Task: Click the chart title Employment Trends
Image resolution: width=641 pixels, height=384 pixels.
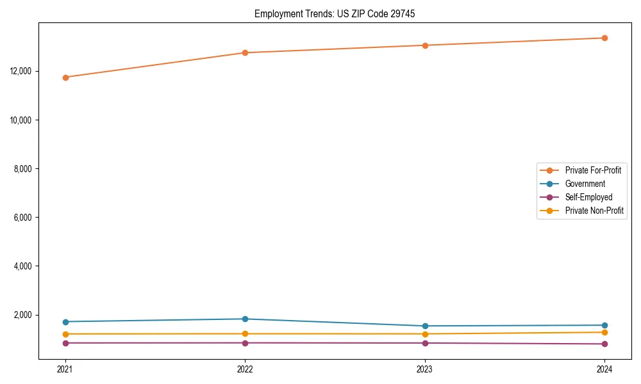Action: click(x=335, y=13)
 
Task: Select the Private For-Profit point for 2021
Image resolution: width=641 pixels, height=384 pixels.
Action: click(x=65, y=77)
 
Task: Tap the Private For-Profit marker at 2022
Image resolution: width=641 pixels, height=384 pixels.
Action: click(x=245, y=52)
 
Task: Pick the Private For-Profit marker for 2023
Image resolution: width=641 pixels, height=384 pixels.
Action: click(x=425, y=45)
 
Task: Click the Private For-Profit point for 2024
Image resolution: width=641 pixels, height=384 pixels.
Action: click(x=604, y=38)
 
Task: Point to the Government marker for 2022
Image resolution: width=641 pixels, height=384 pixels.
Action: click(x=245, y=319)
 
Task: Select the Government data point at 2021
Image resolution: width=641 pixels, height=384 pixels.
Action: click(x=65, y=322)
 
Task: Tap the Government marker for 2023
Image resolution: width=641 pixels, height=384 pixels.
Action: click(x=425, y=326)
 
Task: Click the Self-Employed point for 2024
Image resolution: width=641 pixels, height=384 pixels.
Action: click(x=604, y=344)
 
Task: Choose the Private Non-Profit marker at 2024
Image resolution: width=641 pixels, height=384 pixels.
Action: click(x=604, y=332)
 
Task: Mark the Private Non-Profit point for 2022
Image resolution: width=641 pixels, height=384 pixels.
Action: click(x=245, y=334)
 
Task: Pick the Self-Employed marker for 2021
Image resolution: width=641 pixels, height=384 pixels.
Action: click(x=65, y=343)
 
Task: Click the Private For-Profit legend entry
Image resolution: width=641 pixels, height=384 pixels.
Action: click(x=592, y=170)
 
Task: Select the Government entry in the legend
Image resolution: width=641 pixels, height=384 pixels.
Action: click(x=585, y=184)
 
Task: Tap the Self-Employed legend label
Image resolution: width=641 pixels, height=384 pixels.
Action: click(x=588, y=197)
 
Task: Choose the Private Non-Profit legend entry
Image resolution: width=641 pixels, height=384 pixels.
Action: click(x=594, y=211)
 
